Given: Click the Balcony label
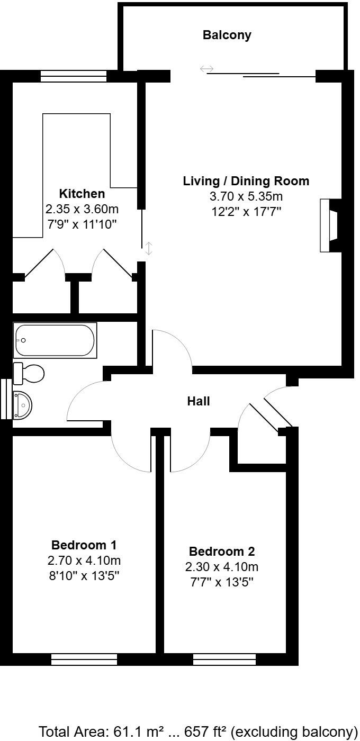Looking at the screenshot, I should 227,35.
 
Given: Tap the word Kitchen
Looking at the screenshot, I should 82,194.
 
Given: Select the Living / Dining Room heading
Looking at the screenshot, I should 246,181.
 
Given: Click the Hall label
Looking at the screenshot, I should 199,401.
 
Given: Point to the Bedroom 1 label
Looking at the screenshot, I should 84,545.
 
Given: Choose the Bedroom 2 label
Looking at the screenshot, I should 222,552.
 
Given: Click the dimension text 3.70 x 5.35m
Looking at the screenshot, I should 246,197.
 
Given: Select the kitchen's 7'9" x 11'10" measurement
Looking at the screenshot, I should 82,224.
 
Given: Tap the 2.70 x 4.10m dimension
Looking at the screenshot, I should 84,561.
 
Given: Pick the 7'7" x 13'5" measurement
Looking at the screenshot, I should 222,583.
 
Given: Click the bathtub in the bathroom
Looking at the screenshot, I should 55,340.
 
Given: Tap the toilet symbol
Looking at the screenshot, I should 29,374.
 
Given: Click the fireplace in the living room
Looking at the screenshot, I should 329,225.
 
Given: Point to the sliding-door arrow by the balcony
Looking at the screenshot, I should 206,69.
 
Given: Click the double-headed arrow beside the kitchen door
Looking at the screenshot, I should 149,248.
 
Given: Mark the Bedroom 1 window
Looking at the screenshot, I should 84,659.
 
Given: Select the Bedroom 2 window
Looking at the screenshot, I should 224,659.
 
